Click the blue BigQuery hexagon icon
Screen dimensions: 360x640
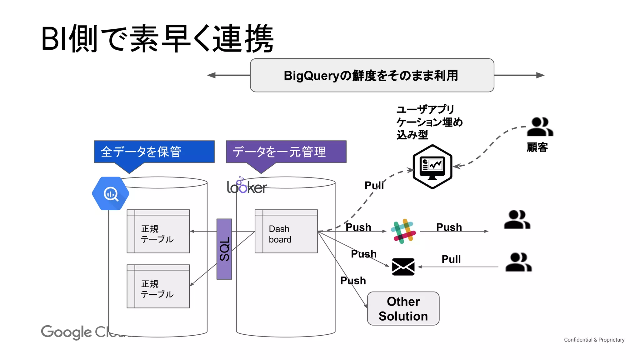click(111, 193)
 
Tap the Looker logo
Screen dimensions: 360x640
click(247, 187)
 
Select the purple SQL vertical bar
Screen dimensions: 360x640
click(224, 249)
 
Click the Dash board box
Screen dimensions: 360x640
click(286, 231)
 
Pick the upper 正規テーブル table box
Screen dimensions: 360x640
click(158, 231)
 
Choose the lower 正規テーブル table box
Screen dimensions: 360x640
click(158, 286)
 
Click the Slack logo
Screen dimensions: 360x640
click(403, 231)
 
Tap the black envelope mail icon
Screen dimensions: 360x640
click(403, 267)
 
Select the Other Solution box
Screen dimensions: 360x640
click(403, 308)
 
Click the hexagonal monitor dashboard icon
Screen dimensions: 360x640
click(432, 167)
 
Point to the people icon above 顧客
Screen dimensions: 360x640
click(540, 127)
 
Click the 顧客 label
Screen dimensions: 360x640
click(537, 147)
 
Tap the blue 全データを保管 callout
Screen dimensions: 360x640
click(154, 152)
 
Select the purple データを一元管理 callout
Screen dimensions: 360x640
click(286, 152)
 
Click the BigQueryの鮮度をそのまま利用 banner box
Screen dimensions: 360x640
click(372, 75)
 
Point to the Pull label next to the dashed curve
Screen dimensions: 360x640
click(374, 185)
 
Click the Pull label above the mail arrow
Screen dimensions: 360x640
click(451, 259)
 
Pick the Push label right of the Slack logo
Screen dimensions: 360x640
click(449, 227)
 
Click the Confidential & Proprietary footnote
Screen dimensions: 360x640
click(594, 340)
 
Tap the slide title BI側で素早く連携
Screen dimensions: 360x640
click(157, 39)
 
